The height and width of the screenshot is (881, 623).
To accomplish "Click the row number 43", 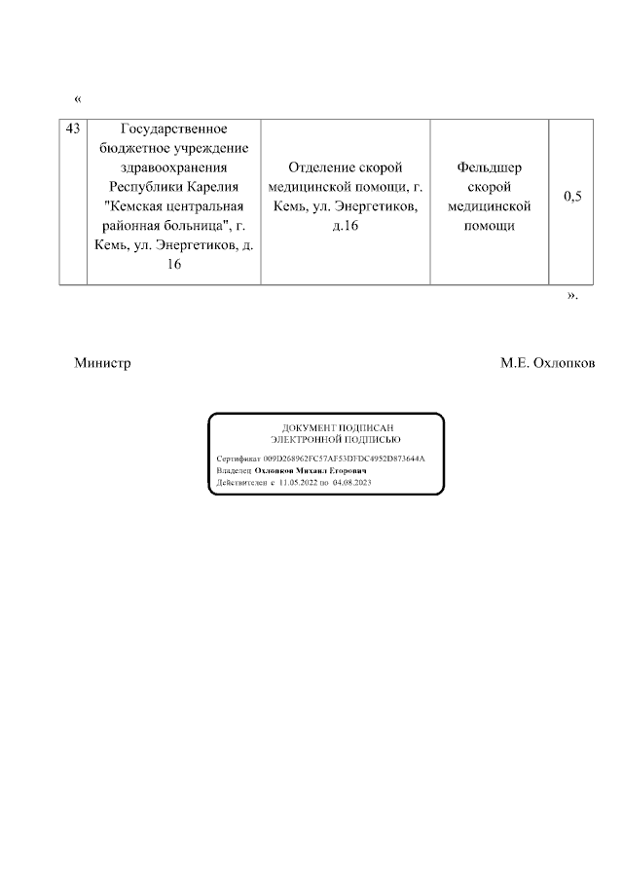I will (73, 129).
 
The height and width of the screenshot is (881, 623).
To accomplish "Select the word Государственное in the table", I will (173, 129).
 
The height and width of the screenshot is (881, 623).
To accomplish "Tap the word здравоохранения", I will (173, 167).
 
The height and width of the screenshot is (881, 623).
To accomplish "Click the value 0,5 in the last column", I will (572, 197).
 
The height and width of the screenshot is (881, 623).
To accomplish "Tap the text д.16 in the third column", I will (346, 226).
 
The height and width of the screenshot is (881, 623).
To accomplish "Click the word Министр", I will (102, 363).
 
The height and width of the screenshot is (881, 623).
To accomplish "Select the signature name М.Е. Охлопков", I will (547, 363).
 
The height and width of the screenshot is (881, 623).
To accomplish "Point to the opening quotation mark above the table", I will (78, 99).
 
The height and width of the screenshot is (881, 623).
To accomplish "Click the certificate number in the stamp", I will (351, 457).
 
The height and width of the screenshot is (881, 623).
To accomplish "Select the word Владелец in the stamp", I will (234, 469).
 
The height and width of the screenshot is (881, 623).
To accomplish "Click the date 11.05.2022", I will (300, 482).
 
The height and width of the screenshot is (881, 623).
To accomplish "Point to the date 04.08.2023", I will (352, 482).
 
